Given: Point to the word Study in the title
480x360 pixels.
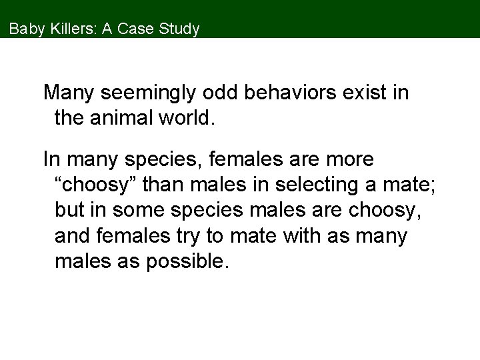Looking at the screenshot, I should [179, 29].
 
